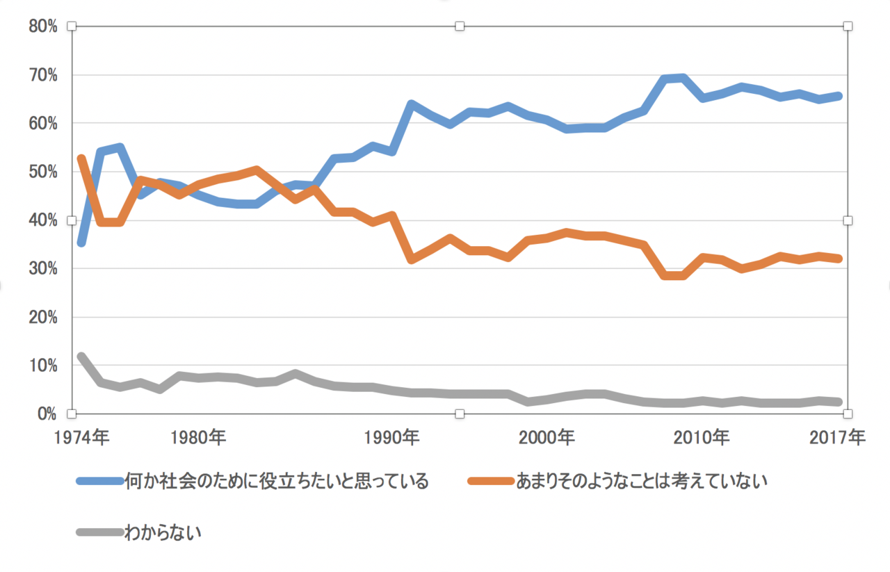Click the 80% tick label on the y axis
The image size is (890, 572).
point(42,26)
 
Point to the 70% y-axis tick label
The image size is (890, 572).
point(42,75)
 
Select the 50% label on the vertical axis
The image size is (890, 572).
point(42,172)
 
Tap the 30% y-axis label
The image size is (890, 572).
point(42,269)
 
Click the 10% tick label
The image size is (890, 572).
point(42,366)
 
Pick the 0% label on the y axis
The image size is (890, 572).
point(46,414)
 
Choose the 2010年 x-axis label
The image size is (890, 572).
point(703,438)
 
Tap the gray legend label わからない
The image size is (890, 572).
point(163,533)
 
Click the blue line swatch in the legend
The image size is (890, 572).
point(99,481)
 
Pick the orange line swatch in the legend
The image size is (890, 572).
point(491,481)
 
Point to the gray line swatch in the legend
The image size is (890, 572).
point(99,533)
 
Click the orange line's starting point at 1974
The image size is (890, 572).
point(81,159)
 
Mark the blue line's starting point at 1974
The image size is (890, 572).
point(81,243)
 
